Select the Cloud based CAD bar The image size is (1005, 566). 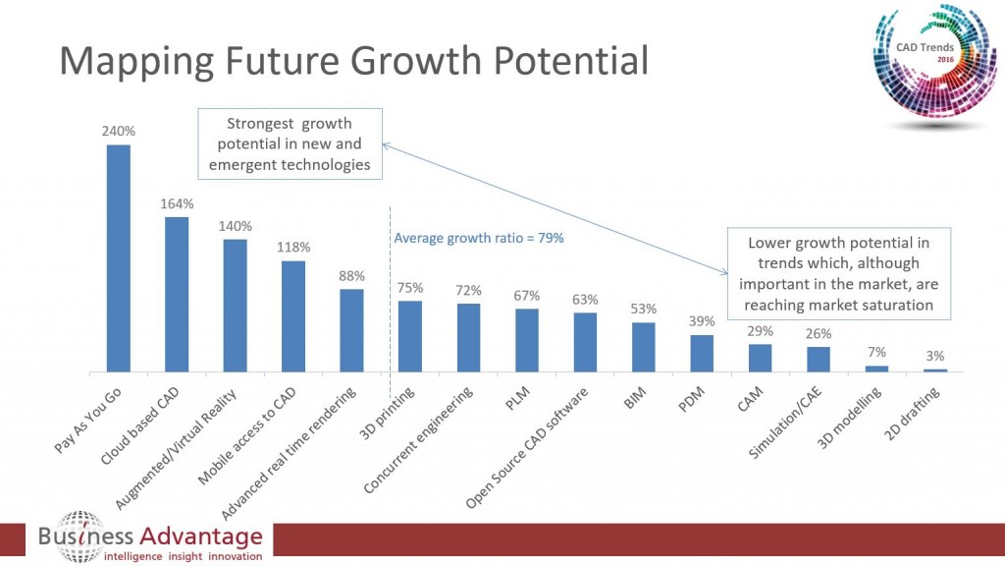(177, 295)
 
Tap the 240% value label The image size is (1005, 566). (118, 130)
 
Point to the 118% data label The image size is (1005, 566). (293, 247)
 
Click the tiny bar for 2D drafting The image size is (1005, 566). (935, 369)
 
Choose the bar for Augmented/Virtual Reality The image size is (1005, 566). (236, 306)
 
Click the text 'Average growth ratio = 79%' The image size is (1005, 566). (479, 238)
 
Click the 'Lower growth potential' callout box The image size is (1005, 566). (838, 273)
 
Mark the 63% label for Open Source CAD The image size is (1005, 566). (586, 299)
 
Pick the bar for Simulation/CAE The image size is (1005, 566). (819, 359)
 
